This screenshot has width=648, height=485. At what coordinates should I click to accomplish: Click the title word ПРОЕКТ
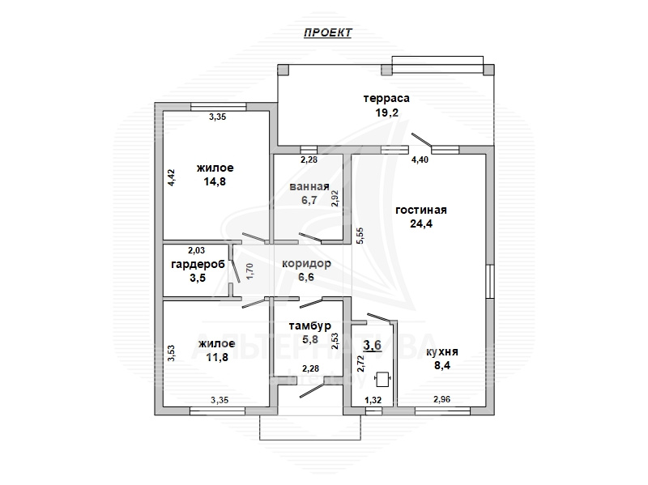[x=328, y=32]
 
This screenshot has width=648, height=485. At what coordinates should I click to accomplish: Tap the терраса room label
[x=386, y=98]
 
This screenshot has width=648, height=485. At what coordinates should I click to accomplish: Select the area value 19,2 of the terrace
[x=387, y=113]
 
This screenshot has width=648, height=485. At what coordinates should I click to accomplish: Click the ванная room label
[x=309, y=187]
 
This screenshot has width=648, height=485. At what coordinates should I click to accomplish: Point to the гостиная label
[x=421, y=210]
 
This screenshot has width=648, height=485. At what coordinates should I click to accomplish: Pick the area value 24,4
[x=421, y=223]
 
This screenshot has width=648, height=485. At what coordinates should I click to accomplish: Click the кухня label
[x=441, y=352]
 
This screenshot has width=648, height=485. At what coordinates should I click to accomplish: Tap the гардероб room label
[x=198, y=265]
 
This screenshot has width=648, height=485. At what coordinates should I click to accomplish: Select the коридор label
[x=306, y=264]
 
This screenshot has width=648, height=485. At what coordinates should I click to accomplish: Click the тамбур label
[x=310, y=326]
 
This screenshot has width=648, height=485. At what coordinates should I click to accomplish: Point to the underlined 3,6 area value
[x=372, y=345]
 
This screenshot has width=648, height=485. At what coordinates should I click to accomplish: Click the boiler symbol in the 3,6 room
[x=383, y=380]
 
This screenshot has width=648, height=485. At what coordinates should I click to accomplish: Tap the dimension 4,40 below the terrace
[x=420, y=160]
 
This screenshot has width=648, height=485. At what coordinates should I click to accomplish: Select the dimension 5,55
[x=360, y=236]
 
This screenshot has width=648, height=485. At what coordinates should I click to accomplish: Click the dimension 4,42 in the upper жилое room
[x=172, y=178]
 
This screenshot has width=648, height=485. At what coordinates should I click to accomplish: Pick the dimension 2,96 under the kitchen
[x=441, y=399]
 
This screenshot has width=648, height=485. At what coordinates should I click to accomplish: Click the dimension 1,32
[x=373, y=400]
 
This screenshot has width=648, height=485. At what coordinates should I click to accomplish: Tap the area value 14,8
[x=215, y=181]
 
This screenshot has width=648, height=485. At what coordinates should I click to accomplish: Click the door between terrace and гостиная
[x=421, y=140]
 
